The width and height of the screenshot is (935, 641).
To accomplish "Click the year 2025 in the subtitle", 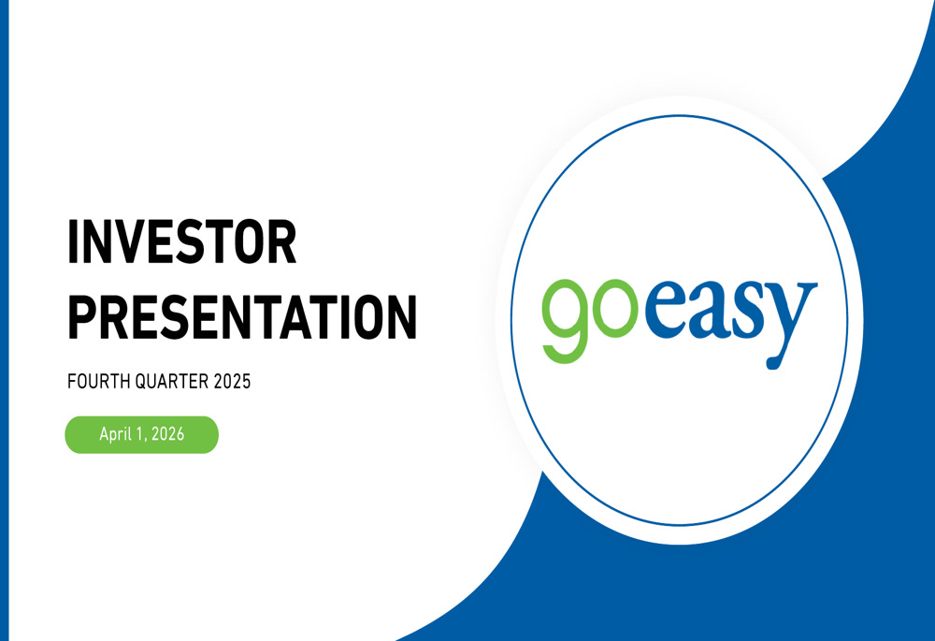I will tap(231, 383).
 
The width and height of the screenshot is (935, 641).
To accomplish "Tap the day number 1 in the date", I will tap(142, 435).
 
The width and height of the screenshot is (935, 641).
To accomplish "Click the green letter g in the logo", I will tap(565, 318).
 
